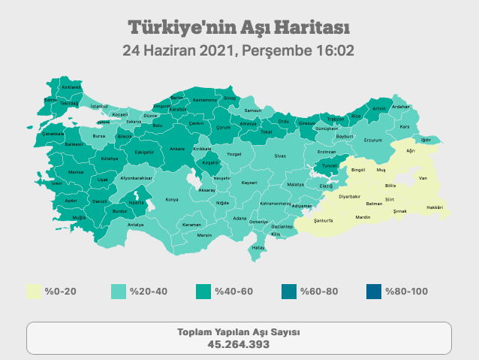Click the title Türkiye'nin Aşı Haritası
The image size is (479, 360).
(x=239, y=28)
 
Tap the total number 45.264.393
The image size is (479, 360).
(x=239, y=344)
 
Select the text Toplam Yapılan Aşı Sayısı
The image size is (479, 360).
(x=239, y=332)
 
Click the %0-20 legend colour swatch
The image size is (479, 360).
(x=34, y=292)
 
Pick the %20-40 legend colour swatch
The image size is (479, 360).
(x=119, y=292)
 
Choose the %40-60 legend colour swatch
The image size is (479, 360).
(x=204, y=292)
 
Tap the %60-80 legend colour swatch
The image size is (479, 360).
(x=289, y=292)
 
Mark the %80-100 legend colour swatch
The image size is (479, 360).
(x=374, y=292)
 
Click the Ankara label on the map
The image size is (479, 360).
(x=177, y=149)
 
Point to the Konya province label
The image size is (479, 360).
(x=172, y=200)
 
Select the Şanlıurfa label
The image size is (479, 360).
(x=324, y=221)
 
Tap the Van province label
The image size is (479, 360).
(x=423, y=178)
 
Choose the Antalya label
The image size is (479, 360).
(x=136, y=224)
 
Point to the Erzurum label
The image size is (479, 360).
(x=373, y=141)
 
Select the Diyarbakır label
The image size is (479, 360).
(x=351, y=196)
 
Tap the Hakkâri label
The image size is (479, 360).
(x=435, y=207)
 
